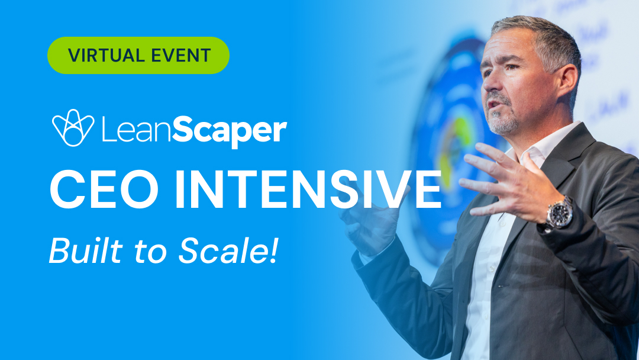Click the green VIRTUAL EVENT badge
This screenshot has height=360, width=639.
click(138, 55)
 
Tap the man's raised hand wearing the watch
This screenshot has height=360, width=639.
click(503, 178)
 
